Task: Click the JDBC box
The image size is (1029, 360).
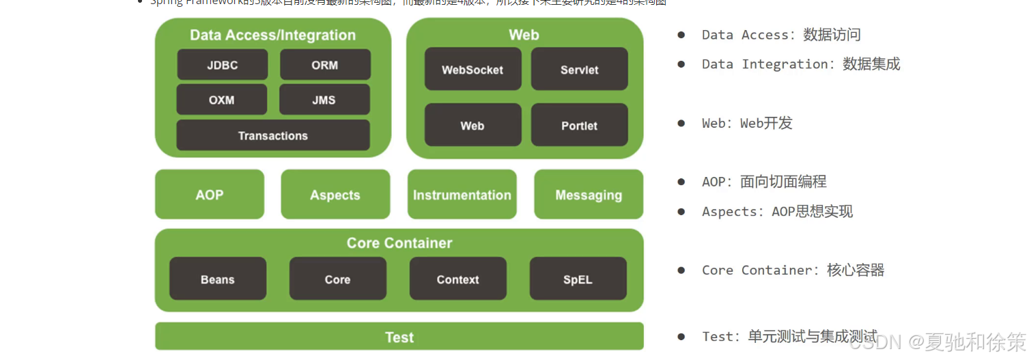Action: point(222,65)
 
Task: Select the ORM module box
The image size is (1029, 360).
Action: point(325,65)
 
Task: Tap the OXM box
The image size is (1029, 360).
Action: point(222,100)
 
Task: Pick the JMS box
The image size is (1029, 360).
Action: point(324,100)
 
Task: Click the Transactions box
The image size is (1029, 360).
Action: point(273,135)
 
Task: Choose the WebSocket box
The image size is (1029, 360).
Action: point(473,69)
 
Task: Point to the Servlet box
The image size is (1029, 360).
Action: point(579,69)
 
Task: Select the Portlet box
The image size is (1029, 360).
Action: point(579,125)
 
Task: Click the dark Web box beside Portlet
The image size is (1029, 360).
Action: point(473,125)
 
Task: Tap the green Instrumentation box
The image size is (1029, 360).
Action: point(462,195)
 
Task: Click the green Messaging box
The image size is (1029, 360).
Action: point(589,195)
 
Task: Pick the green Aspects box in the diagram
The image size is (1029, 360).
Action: point(335,195)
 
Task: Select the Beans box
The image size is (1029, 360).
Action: point(218,279)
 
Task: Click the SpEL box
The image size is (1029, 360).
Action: point(578,279)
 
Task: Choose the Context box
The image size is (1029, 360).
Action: point(457,279)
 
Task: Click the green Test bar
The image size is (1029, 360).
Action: point(399,337)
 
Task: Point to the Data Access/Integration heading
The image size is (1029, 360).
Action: point(273,35)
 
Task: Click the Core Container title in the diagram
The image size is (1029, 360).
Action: point(399,243)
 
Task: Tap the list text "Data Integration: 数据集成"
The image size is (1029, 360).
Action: point(800,64)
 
